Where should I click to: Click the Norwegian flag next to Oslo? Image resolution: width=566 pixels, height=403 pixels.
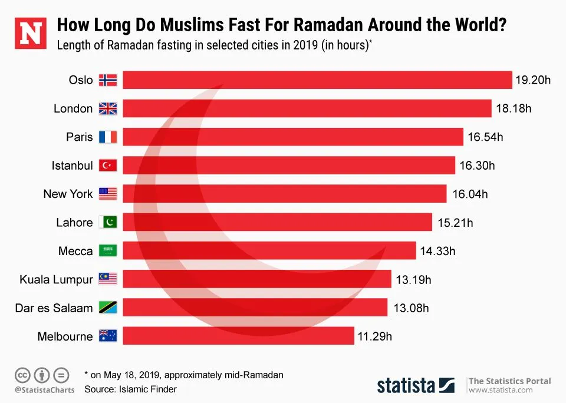point(108,80)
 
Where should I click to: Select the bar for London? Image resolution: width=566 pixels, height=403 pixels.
point(307,108)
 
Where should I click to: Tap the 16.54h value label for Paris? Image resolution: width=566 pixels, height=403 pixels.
point(485,137)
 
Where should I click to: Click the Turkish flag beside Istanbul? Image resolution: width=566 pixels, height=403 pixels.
point(108,166)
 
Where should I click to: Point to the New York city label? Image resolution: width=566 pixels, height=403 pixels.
point(68,194)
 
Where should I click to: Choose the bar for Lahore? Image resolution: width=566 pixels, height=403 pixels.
point(277,222)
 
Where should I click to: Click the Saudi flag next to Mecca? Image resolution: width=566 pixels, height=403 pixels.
point(108,251)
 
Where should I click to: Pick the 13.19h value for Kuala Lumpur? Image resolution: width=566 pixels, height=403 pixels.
point(413,279)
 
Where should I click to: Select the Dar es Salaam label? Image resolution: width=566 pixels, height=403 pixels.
point(54,308)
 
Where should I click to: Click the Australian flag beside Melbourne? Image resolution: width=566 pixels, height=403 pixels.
point(108,336)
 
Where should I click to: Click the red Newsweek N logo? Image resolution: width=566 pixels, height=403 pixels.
point(30,33)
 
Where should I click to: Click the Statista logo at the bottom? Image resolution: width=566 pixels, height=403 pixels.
point(416,385)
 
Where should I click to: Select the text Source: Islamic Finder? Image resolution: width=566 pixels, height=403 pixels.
point(130,389)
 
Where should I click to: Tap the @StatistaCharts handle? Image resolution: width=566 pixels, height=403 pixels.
point(45,389)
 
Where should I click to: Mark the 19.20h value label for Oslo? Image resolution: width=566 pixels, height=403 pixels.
point(533,80)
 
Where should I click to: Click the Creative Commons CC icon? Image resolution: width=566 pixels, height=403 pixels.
point(22,375)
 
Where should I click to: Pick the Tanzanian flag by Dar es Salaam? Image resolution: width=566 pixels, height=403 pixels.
point(108,308)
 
